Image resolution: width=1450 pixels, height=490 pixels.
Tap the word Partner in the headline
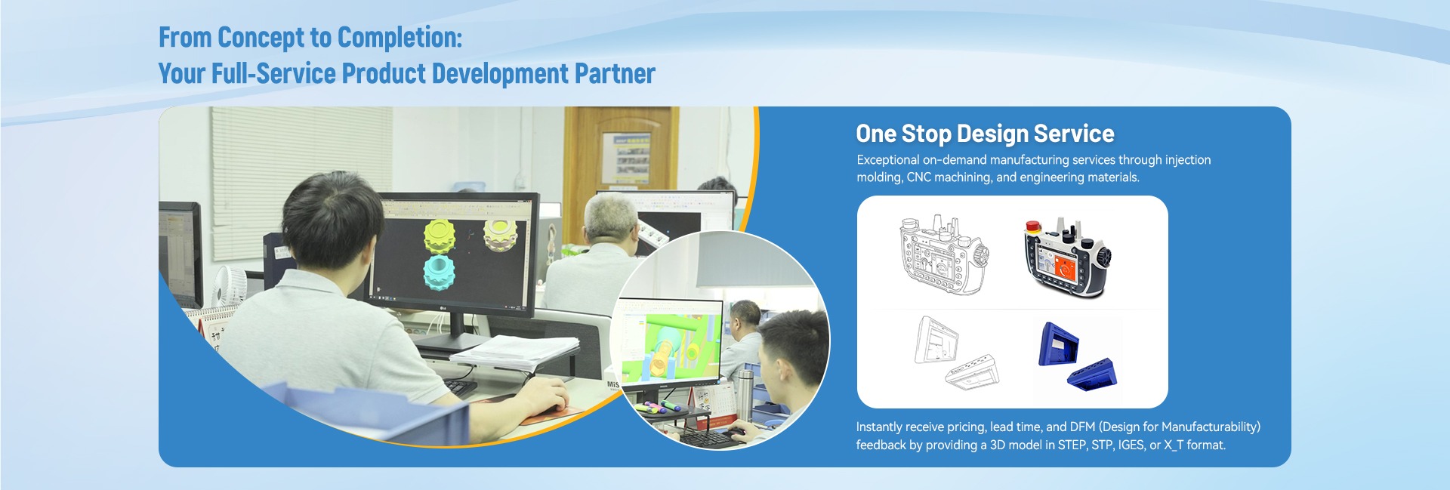click(x=615, y=73)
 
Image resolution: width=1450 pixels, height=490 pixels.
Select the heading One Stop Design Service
click(x=985, y=134)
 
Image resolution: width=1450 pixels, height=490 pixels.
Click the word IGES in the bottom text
click(x=1131, y=445)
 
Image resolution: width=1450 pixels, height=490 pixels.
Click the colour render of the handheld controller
click(x=1067, y=257)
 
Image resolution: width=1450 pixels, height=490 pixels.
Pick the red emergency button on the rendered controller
click(x=1032, y=226)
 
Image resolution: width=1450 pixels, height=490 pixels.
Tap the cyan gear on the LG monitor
click(x=438, y=273)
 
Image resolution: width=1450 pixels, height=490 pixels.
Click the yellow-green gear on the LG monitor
click(x=440, y=235)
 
